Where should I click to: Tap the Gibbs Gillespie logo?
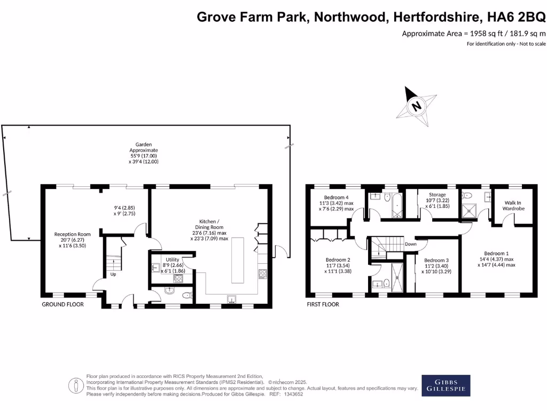(446, 385)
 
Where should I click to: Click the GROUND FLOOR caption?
(63, 304)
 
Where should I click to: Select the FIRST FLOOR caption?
(323, 304)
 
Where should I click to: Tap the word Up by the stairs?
(113, 274)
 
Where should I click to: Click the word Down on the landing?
(411, 244)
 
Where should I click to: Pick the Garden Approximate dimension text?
(144, 153)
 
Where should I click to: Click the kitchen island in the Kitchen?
(238, 261)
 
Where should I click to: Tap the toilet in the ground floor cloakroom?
(187, 295)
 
